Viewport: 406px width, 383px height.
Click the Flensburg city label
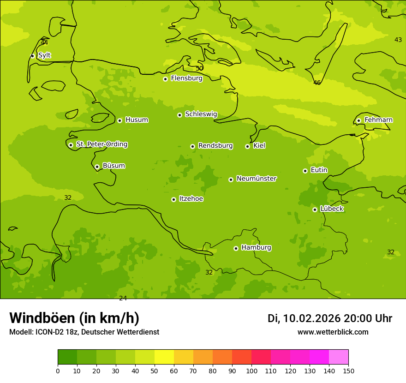tap(186, 78)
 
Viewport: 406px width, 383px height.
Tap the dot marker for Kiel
tap(247, 146)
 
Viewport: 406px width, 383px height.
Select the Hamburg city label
tap(256, 248)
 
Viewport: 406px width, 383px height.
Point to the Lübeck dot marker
tap(315, 209)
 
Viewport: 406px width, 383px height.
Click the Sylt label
tap(44, 55)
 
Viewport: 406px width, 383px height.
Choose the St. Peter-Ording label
tap(101, 144)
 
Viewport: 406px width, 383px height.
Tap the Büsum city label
tap(113, 166)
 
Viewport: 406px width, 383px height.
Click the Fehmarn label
tap(378, 120)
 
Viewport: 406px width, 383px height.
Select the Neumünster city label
tap(256, 179)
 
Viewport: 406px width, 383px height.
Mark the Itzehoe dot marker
tap(173, 199)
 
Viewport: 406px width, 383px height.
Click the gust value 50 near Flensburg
tap(199, 68)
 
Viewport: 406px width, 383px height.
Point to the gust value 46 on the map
tap(317, 83)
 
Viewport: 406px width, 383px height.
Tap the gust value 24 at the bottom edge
tap(123, 298)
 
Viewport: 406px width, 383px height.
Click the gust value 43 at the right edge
tap(398, 40)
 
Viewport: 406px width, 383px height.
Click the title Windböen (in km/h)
tap(74, 318)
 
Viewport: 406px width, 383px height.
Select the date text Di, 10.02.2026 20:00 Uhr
tap(329, 318)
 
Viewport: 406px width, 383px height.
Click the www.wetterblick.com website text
tap(333, 332)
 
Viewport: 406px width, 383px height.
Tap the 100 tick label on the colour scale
tap(251, 371)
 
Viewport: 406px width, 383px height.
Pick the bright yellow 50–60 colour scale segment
tap(164, 357)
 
